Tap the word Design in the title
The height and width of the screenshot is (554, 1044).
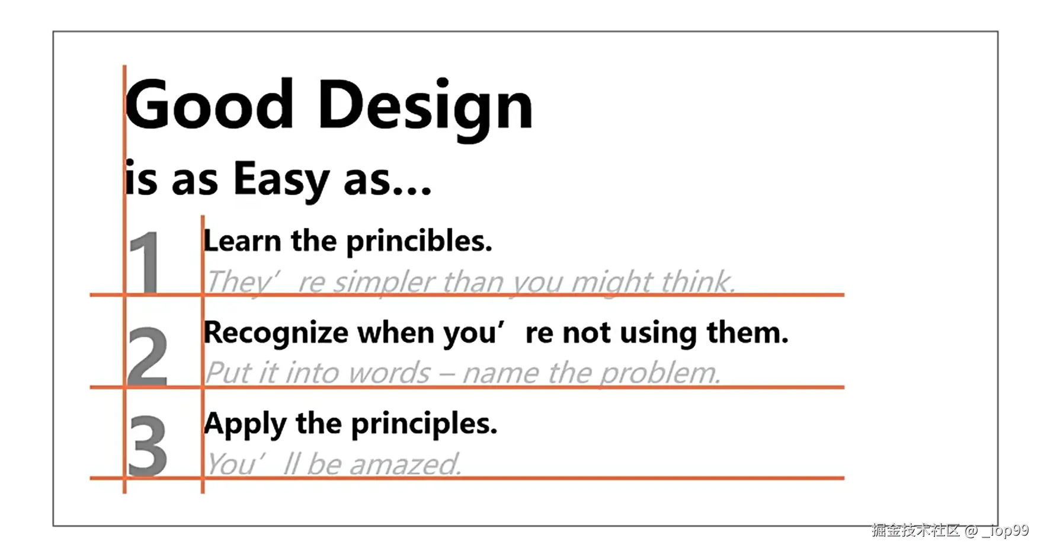coord(425,109)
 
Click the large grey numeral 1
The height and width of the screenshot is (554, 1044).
coord(145,262)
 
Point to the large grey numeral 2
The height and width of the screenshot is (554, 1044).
coord(148,356)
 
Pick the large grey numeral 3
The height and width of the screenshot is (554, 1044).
coord(148,446)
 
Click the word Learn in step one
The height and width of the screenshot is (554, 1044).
coord(242,241)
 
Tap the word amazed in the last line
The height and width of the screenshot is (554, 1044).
coord(405,464)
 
